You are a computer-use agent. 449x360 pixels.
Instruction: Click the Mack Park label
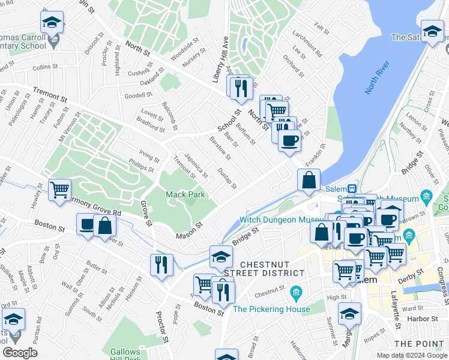point(185,194)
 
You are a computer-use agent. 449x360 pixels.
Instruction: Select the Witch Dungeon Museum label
point(282,220)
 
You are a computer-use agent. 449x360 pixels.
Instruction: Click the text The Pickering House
point(271,310)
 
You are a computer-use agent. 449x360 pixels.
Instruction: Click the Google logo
point(20,353)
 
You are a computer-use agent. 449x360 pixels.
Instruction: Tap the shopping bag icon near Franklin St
point(309,180)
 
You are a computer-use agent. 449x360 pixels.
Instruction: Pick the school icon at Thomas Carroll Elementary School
point(52,23)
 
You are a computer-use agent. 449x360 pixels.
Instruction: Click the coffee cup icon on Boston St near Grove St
point(88,226)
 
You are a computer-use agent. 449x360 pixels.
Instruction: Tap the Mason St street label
point(190,231)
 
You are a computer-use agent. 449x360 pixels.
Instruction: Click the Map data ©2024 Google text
point(412,355)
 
